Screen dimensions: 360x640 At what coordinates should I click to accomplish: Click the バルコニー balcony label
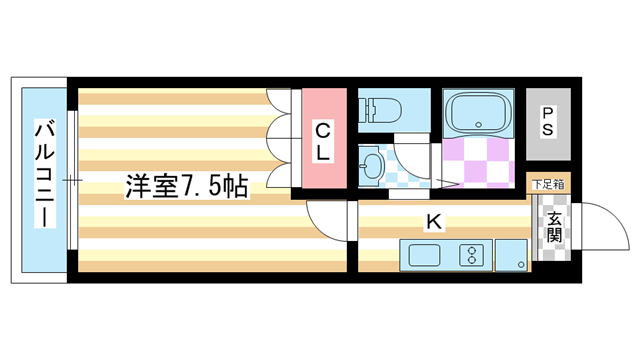44,175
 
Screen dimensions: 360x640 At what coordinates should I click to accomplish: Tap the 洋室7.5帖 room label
186,187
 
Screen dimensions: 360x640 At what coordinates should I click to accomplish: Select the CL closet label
323,141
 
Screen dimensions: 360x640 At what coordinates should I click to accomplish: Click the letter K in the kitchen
434,222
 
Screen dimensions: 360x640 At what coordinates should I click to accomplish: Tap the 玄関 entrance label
553,236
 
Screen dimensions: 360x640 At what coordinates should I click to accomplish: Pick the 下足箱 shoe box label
547,184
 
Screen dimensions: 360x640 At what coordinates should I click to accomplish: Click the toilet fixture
380,108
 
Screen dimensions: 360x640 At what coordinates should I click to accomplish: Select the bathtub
477,113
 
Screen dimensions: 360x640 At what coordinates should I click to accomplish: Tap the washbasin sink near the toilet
371,163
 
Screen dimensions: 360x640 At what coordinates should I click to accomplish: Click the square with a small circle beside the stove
512,255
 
